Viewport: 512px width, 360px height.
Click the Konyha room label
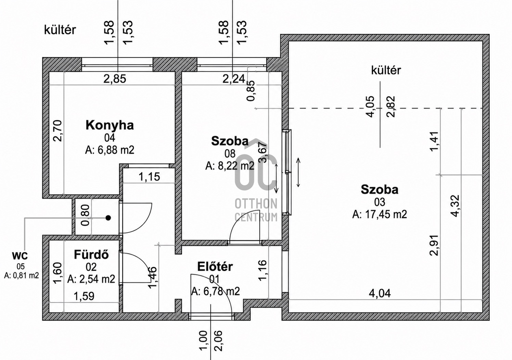coord(110,125)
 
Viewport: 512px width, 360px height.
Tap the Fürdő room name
coord(91,255)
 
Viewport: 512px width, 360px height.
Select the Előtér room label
coord(215,266)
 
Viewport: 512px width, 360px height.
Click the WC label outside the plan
coord(20,256)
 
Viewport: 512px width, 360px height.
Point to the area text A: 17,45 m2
coord(380,214)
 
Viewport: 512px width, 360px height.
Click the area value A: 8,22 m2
coord(230,166)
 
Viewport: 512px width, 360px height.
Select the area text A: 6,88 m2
coord(110,150)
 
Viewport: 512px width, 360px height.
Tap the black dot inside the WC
coord(108,218)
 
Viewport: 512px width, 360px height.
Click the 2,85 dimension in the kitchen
coord(115,79)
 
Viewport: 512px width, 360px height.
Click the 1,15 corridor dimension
coord(149,177)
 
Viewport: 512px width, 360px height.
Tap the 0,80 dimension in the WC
coord(86,215)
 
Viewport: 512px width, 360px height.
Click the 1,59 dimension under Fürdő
coord(84,296)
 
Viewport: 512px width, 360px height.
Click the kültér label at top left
coord(60,30)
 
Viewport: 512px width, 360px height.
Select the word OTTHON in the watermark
coord(256,204)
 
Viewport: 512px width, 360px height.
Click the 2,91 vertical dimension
coord(434,245)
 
